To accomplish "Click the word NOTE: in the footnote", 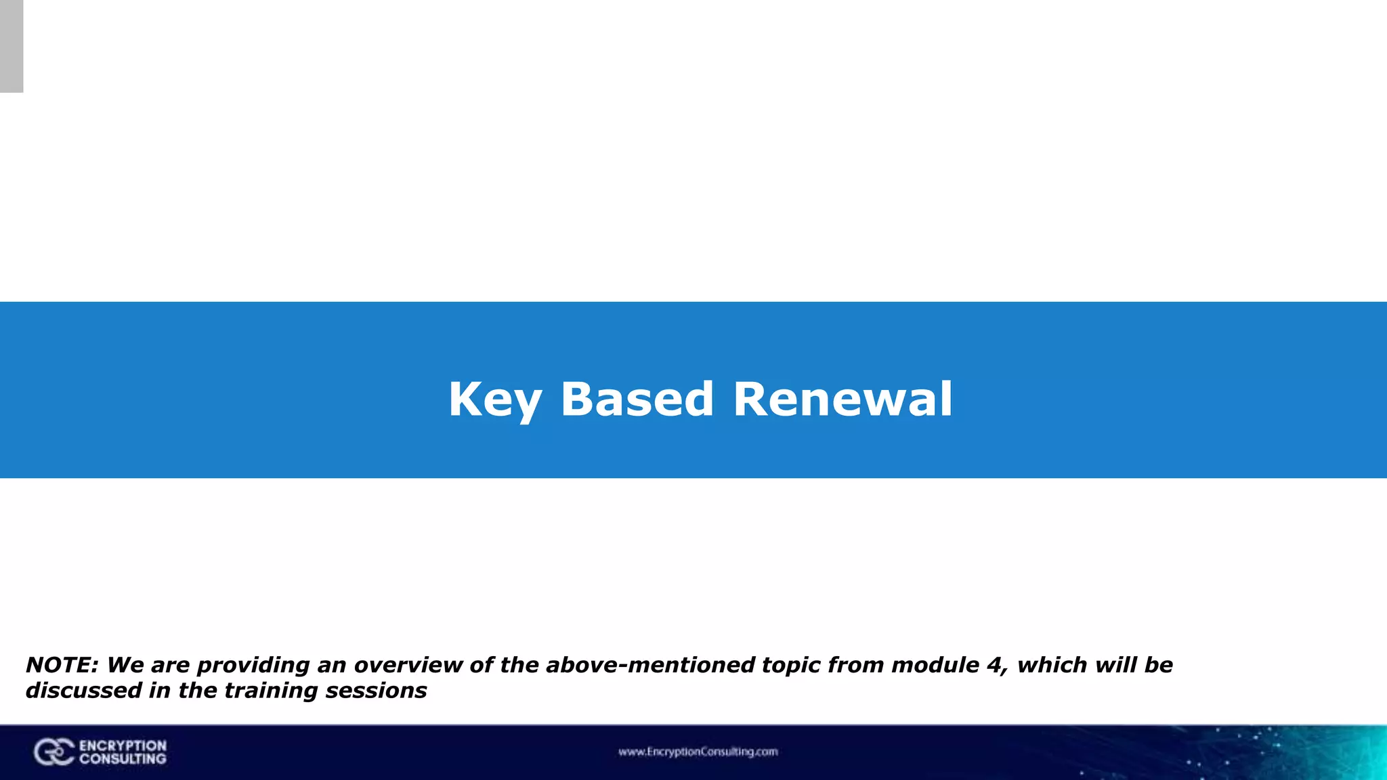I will tap(62, 665).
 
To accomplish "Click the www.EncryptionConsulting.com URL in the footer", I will tap(698, 752).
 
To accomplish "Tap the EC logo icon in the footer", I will tap(54, 752).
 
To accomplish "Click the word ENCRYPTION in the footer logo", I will tap(123, 745).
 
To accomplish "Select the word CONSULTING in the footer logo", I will tap(123, 759).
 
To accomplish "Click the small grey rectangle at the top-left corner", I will tap(12, 46).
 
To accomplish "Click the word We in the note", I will tap(125, 665).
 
